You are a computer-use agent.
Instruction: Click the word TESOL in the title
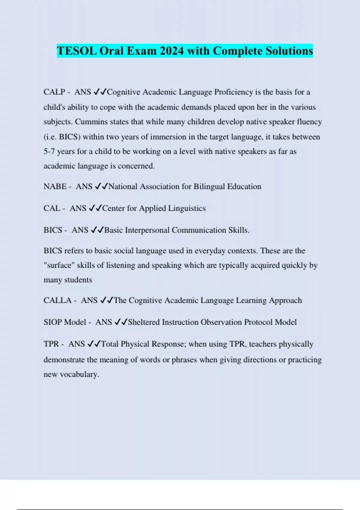(x=77, y=51)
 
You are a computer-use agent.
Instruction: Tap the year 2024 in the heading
(x=171, y=51)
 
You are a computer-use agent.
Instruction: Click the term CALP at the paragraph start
(x=54, y=92)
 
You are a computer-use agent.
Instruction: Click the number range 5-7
(x=49, y=151)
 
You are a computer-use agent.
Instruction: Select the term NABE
(x=55, y=187)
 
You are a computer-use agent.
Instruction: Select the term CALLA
(x=58, y=301)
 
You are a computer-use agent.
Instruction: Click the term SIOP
(x=52, y=322)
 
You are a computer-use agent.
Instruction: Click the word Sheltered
(x=144, y=322)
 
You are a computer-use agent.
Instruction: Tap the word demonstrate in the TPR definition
(x=64, y=360)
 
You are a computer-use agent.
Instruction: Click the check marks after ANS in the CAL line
(x=96, y=208)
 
